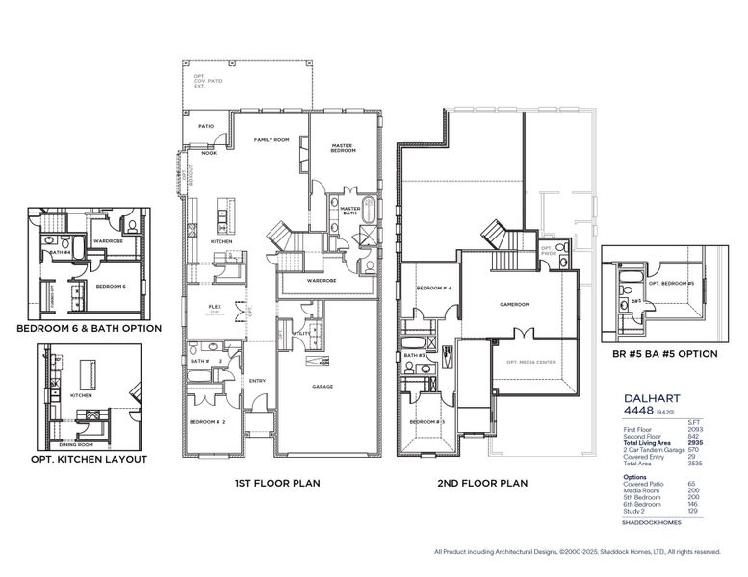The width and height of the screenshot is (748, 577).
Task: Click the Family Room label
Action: (x=271, y=140)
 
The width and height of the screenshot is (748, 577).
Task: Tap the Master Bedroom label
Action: (x=343, y=149)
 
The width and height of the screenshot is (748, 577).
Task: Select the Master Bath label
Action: (x=349, y=211)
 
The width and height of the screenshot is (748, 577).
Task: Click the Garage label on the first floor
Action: (x=322, y=386)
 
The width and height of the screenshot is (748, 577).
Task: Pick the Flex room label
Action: (x=216, y=309)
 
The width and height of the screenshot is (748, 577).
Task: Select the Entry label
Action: (x=257, y=381)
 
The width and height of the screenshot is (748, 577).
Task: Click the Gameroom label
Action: (x=515, y=303)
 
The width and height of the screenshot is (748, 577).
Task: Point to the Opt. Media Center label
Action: (x=529, y=363)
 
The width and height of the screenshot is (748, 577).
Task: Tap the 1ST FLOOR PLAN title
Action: (x=277, y=483)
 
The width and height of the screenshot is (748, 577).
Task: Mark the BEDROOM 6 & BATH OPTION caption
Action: (x=89, y=329)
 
